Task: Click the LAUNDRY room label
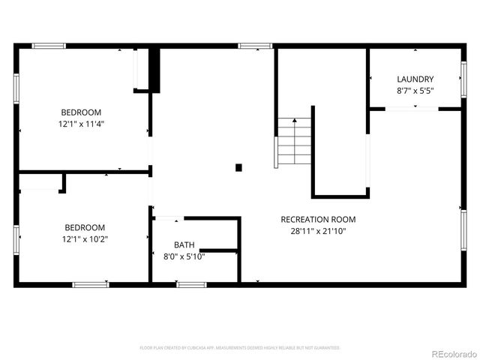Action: pos(415,79)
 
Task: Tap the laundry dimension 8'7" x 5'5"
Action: pos(415,90)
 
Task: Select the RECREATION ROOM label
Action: pos(318,220)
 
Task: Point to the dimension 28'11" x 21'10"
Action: pos(318,231)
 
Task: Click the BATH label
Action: pos(184,244)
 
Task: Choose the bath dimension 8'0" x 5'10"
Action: pos(184,256)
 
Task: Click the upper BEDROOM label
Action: pos(82,112)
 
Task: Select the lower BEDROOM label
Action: pos(85,227)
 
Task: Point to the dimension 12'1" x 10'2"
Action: pos(85,238)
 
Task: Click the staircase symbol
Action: pos(293,142)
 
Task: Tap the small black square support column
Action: pos(238,167)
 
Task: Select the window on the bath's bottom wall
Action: pos(191,284)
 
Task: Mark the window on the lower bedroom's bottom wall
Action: pos(91,284)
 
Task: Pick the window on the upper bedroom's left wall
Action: pos(16,88)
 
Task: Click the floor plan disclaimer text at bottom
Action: pos(240,348)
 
